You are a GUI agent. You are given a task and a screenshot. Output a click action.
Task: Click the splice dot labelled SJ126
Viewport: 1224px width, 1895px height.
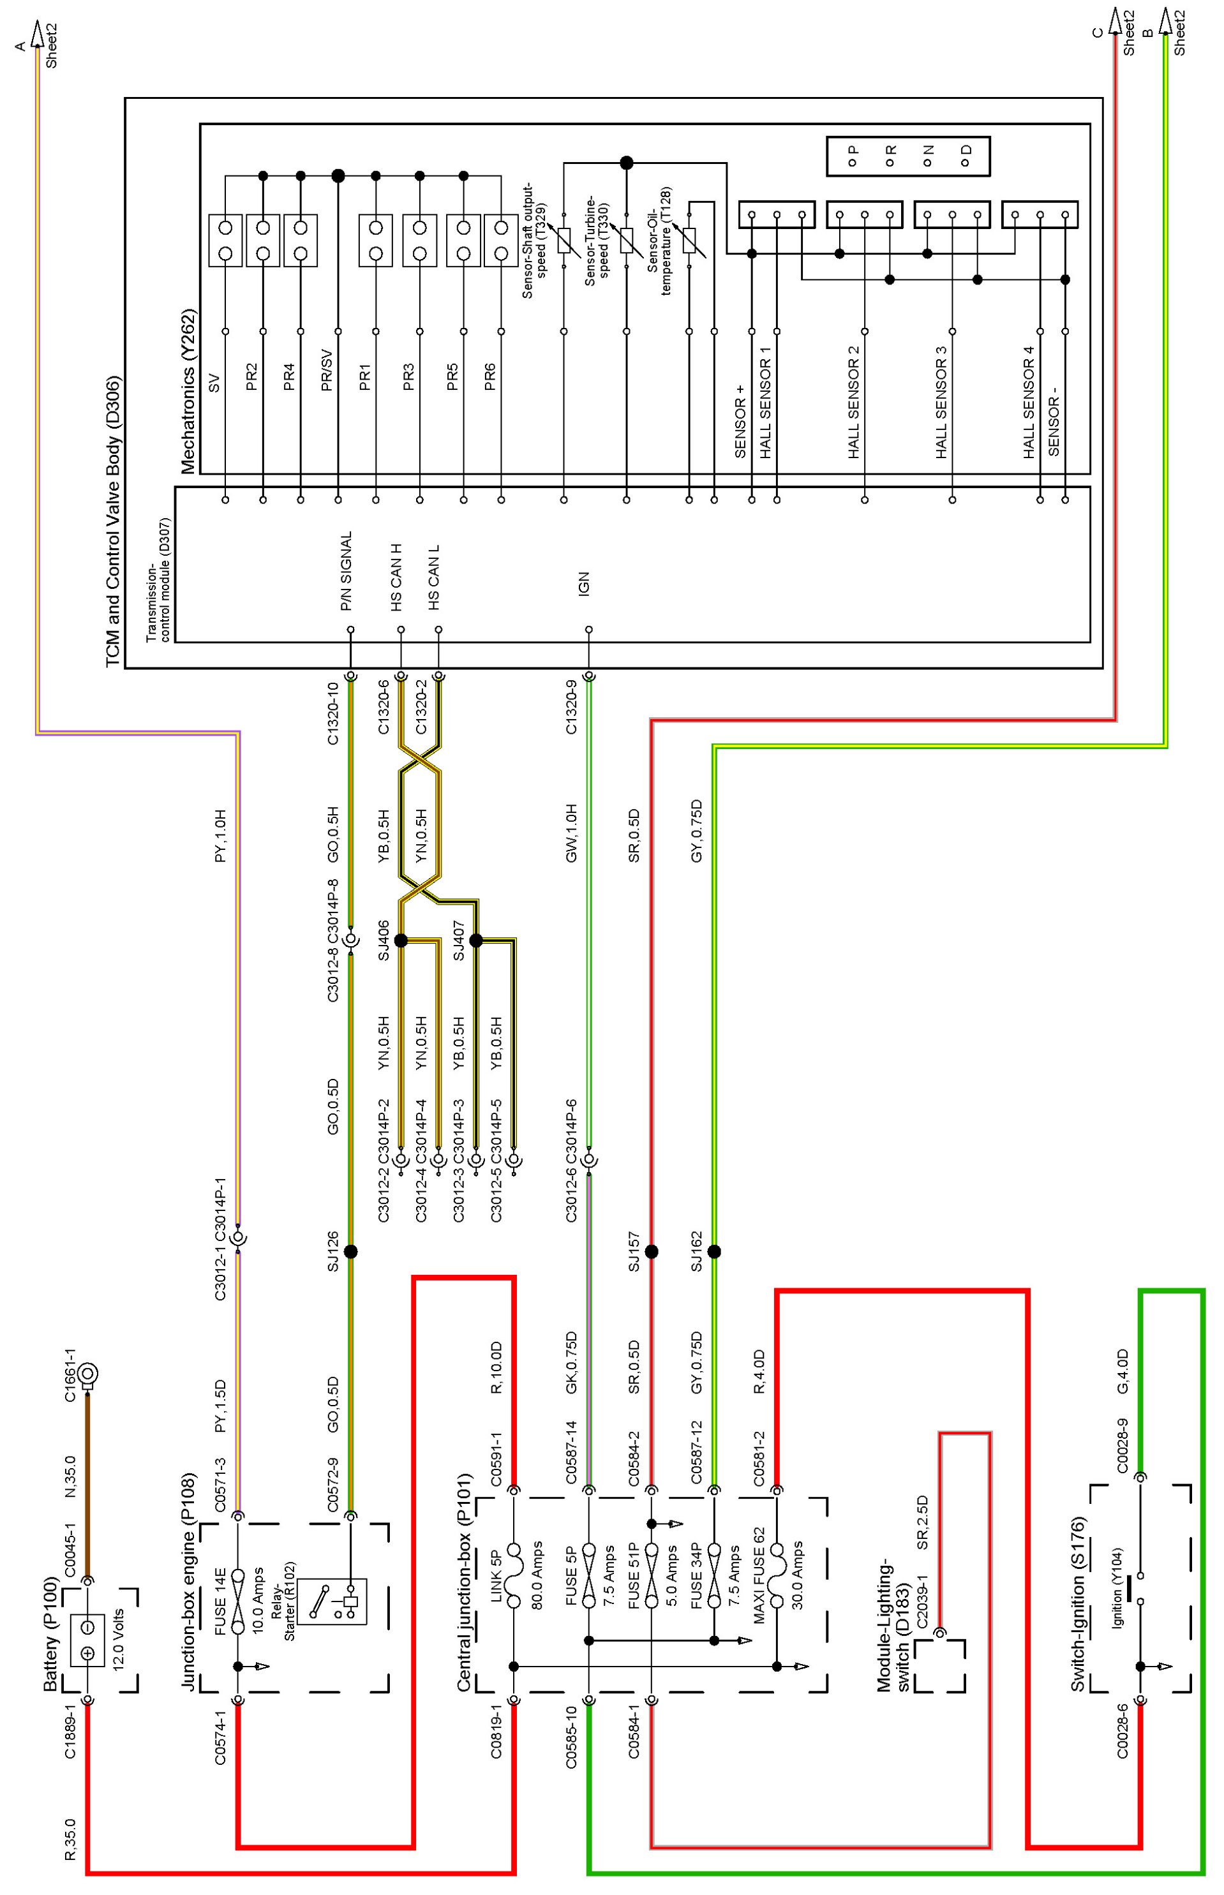coord(350,1251)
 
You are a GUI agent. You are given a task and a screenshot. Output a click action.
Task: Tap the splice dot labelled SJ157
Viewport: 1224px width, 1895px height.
coord(652,1251)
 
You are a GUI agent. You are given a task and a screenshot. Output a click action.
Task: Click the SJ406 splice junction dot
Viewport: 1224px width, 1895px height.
coord(401,940)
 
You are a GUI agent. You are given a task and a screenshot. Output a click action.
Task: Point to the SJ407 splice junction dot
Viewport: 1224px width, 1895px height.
coord(476,940)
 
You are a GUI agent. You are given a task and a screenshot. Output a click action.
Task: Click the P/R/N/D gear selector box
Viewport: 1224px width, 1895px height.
coord(907,156)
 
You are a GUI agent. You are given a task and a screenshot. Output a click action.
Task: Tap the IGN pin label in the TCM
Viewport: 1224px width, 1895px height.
coord(584,584)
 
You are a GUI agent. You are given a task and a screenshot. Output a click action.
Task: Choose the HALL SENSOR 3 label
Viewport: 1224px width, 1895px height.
coord(941,401)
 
